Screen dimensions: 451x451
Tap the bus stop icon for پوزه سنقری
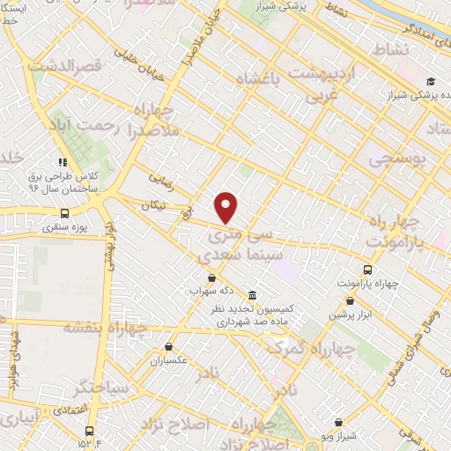tap(64, 213)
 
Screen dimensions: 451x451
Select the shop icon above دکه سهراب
tap(211, 278)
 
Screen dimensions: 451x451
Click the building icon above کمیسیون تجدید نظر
tap(253, 294)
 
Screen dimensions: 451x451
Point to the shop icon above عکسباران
tap(168, 347)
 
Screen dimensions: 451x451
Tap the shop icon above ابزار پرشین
tap(351, 301)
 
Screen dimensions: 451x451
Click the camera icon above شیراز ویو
tap(338, 398)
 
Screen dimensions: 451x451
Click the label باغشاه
tap(264, 79)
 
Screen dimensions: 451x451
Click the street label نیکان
tap(152, 204)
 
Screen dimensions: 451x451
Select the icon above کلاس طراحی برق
tap(63, 162)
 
